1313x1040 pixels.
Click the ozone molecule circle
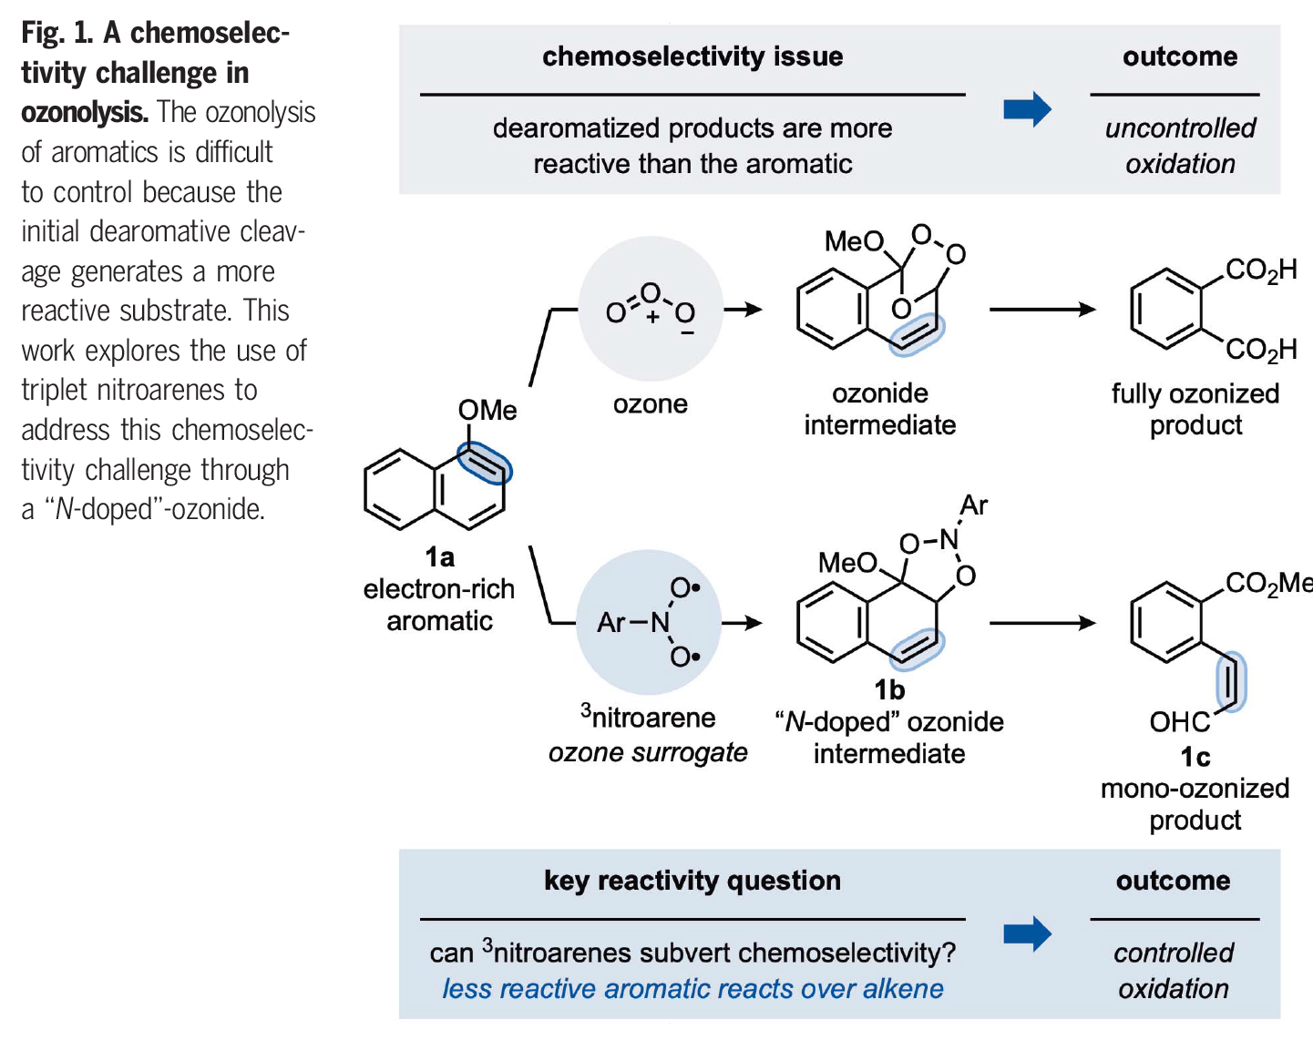point(651,309)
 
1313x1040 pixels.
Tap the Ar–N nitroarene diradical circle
point(649,622)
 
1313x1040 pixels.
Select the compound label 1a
point(439,556)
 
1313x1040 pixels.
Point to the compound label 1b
point(889,689)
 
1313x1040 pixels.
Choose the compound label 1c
point(1195,757)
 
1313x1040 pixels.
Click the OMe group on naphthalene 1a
point(487,411)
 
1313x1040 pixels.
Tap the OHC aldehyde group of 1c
point(1179,722)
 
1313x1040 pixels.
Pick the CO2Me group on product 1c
point(1267,583)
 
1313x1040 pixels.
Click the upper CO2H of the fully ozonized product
point(1261,270)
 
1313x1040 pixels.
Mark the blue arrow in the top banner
point(1027,110)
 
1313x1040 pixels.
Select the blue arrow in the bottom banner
point(1027,934)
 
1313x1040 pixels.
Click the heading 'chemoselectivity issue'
point(692,56)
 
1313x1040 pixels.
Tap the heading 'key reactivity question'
point(692,881)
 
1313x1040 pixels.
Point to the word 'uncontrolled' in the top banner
point(1180,128)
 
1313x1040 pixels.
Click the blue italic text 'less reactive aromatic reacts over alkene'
point(692,989)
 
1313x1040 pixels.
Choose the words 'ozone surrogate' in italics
point(648,753)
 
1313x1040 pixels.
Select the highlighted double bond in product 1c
point(1231,681)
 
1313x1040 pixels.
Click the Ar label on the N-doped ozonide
point(974,505)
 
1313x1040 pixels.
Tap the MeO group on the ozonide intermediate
point(854,241)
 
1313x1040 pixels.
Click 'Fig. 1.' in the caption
point(57,33)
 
